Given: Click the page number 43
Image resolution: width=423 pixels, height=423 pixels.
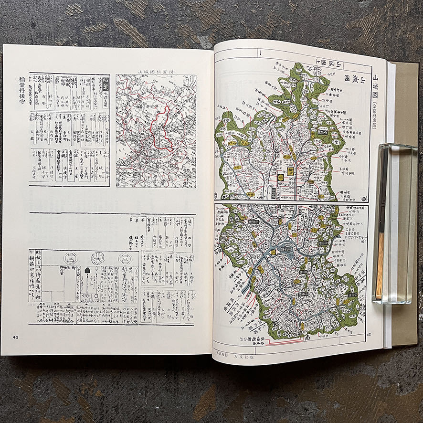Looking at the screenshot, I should click(x=16, y=337).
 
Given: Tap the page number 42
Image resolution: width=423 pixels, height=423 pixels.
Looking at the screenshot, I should click(x=368, y=335).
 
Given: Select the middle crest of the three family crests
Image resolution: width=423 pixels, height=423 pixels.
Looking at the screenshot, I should click(x=98, y=258).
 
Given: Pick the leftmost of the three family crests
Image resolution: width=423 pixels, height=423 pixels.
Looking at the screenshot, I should click(x=71, y=258).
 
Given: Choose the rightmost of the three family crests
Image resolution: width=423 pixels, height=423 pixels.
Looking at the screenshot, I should click(x=124, y=258).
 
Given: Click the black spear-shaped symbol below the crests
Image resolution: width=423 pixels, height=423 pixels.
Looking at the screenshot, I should click(x=87, y=271).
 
